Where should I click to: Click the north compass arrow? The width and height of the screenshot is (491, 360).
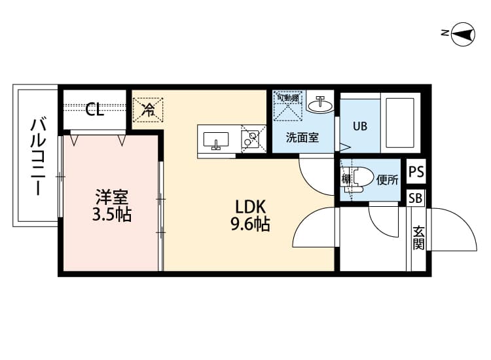(464, 34)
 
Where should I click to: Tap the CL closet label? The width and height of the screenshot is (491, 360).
(95, 110)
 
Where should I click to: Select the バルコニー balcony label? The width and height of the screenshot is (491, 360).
(38, 155)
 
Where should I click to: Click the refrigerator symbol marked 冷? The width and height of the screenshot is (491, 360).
(149, 110)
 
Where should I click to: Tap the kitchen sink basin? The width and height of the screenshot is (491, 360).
(215, 140)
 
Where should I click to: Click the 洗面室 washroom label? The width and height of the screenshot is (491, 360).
(302, 139)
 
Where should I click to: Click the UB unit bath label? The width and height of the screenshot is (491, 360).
(359, 126)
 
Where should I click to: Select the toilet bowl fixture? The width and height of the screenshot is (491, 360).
(363, 177)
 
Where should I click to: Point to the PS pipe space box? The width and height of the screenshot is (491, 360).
(416, 173)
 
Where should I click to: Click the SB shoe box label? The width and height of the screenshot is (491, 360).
(416, 198)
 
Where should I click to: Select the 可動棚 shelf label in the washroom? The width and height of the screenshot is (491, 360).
(287, 98)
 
